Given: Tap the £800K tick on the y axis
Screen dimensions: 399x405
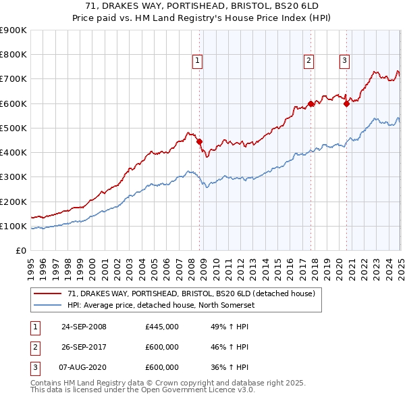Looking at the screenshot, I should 13,55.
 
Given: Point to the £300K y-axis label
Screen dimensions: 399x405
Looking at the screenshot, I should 13,177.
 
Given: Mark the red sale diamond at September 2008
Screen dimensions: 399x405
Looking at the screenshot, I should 200,141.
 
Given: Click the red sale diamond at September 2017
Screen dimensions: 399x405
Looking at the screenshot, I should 310,103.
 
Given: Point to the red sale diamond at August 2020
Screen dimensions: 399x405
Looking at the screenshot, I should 346,103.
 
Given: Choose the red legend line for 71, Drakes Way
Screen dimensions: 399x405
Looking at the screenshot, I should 47,294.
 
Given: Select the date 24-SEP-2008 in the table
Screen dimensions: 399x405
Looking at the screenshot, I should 84,327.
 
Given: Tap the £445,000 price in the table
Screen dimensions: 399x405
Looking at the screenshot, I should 162,327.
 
